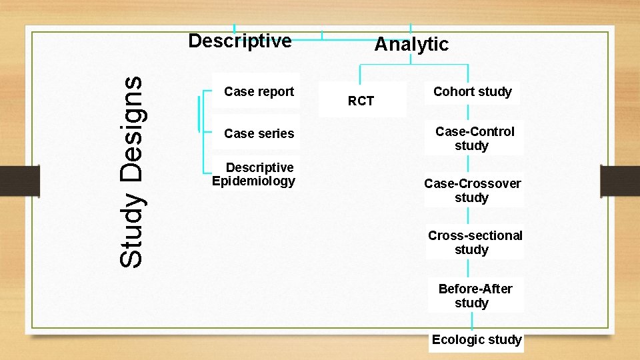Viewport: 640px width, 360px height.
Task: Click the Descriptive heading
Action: coord(240,41)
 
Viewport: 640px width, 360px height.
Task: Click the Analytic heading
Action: coord(411,45)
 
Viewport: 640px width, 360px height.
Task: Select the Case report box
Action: coord(259,91)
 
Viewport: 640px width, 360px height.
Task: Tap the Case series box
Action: coord(259,133)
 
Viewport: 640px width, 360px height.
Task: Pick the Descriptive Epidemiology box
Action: coord(253,174)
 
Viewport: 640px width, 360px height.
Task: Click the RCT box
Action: coord(361,101)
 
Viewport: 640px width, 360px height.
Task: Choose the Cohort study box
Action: coord(472,91)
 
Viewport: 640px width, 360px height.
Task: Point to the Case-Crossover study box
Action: coord(472,190)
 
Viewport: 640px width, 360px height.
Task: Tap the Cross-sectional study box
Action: coord(474,242)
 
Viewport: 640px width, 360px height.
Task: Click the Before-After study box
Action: coord(474,295)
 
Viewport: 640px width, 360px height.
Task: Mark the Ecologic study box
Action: coord(476,339)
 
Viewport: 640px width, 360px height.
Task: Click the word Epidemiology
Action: coord(253,181)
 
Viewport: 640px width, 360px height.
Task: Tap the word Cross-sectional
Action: coord(475,235)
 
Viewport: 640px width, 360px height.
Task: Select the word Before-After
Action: coord(475,289)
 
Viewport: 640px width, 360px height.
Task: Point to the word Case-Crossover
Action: coord(472,183)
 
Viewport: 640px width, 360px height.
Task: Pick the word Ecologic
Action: coord(457,339)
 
